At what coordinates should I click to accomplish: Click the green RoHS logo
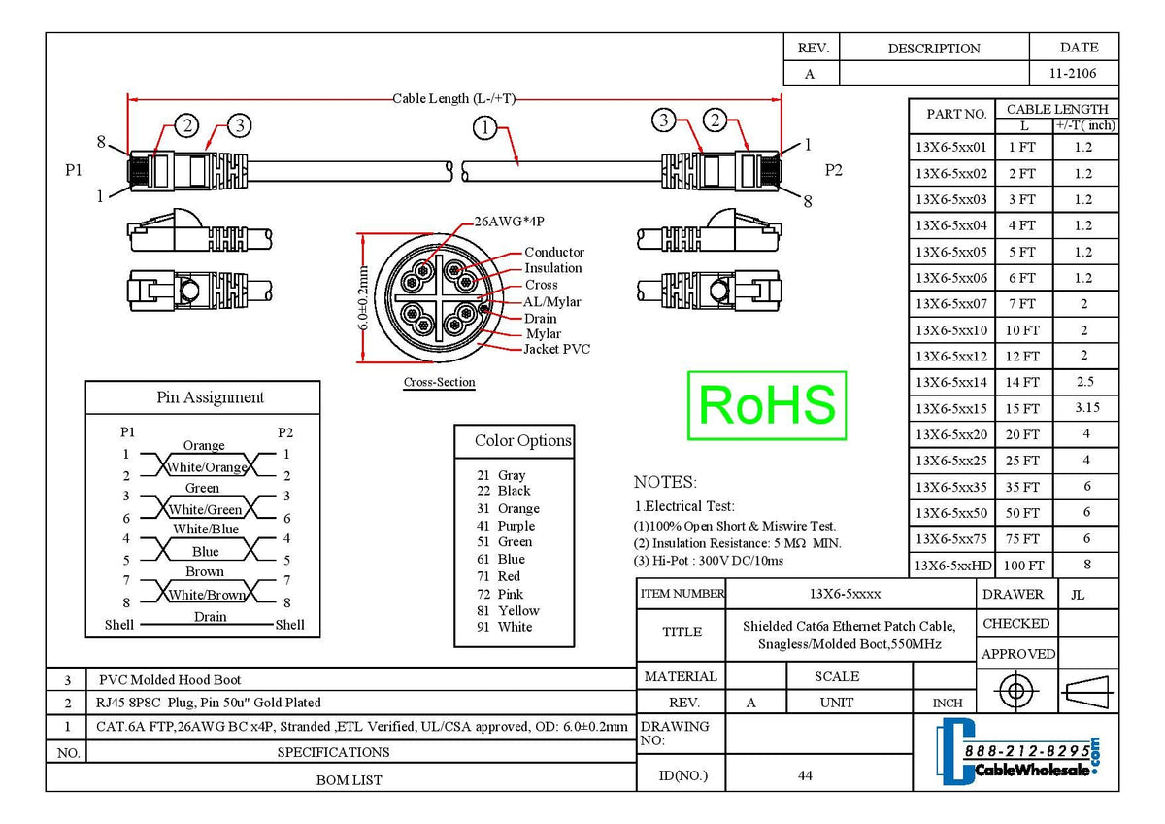766,405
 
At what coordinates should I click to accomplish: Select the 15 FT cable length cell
1023,409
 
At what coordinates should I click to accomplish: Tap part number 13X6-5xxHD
953,566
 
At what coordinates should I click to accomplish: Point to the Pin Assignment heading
210,397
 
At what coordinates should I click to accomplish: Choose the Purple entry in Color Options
516,526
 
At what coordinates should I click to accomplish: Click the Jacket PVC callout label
556,350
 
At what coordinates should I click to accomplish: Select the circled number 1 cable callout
485,126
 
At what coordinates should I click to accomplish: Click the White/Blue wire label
205,530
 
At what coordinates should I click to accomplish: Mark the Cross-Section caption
439,383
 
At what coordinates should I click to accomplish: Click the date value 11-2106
1073,74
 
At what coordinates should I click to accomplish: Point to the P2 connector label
834,170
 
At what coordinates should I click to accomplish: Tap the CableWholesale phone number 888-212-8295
1026,752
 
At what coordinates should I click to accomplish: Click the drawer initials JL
1078,594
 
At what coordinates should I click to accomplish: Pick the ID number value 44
805,775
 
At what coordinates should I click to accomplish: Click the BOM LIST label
349,779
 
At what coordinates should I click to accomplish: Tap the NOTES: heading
665,482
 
